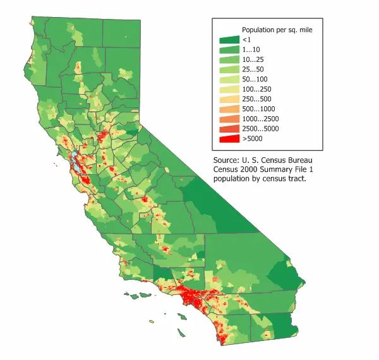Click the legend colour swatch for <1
tap(228, 40)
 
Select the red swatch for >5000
tap(228, 138)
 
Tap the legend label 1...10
tap(251, 49)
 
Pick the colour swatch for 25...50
tap(228, 69)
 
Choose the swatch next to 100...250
tap(228, 89)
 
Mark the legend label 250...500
tap(257, 99)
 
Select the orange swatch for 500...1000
tap(228, 109)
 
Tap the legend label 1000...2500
tap(261, 119)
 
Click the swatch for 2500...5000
tap(228, 128)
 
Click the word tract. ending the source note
tap(296, 179)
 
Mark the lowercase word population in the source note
tap(233, 179)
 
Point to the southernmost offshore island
tap(181, 332)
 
